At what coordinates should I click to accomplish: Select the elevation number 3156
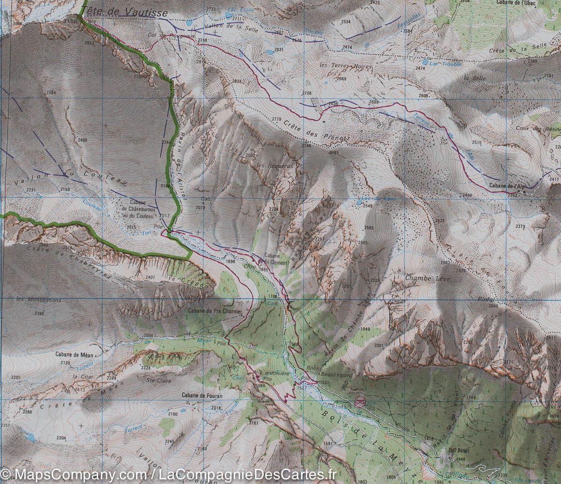point(70,21)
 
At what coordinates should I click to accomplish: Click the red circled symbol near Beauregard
point(359,401)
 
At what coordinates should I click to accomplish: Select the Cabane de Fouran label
point(202,396)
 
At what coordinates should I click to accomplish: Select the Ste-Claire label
point(158,381)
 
